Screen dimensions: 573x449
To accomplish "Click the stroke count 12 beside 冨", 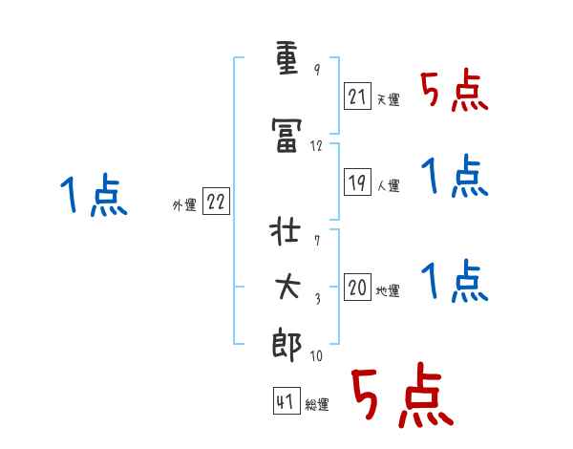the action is point(317,146).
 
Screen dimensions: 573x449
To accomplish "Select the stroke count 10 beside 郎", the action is point(316,356).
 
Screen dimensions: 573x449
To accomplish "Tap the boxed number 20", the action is point(357,288).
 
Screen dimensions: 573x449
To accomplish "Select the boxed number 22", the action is point(216,202).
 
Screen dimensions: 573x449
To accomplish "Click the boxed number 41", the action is point(286,402).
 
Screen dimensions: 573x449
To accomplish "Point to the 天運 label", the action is point(388,100).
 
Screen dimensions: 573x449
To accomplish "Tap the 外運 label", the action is point(183,205).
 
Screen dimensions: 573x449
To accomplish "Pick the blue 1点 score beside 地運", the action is point(455,281).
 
